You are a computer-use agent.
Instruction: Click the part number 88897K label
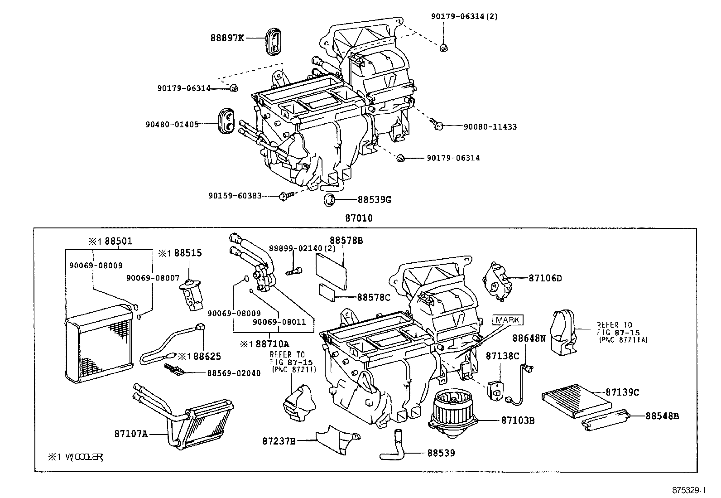(227, 38)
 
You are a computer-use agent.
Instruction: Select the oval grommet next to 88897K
(274, 42)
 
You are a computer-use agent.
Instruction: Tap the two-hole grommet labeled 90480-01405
(227, 121)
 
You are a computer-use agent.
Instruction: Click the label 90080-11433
(490, 127)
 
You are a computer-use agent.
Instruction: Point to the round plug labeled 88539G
(329, 199)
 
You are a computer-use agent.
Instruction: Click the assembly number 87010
(359, 218)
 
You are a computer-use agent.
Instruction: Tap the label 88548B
(662, 416)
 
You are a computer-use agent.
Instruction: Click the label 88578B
(346, 241)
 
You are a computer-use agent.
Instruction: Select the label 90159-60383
(235, 196)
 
